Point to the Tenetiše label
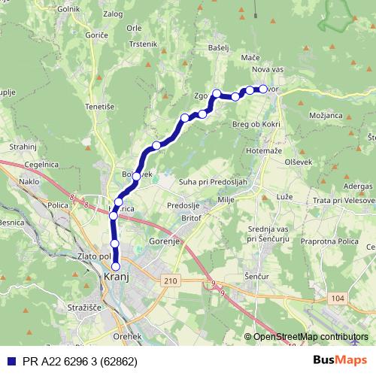99,106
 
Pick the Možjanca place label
325,115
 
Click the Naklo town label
30,182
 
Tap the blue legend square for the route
10,361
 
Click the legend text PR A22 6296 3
74,361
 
